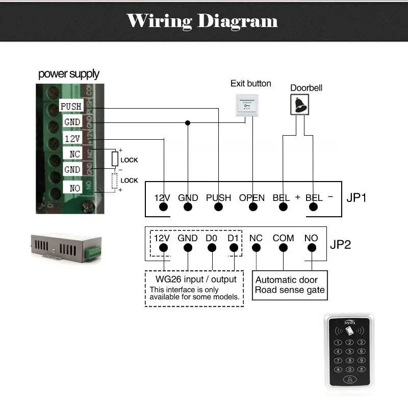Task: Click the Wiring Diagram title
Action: (x=202, y=21)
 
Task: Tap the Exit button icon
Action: (x=246, y=106)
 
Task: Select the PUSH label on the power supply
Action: (x=70, y=107)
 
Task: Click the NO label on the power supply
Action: (x=74, y=188)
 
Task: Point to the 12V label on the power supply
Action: (x=71, y=139)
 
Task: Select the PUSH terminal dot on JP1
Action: (x=218, y=208)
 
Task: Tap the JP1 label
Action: (x=356, y=197)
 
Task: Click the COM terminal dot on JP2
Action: (x=283, y=248)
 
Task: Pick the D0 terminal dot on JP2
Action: (x=211, y=248)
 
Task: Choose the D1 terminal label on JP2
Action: (x=233, y=238)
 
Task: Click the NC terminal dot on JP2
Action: (x=256, y=248)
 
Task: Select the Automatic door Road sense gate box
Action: (x=290, y=285)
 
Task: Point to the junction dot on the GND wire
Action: (x=188, y=123)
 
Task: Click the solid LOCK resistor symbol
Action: (x=115, y=159)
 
